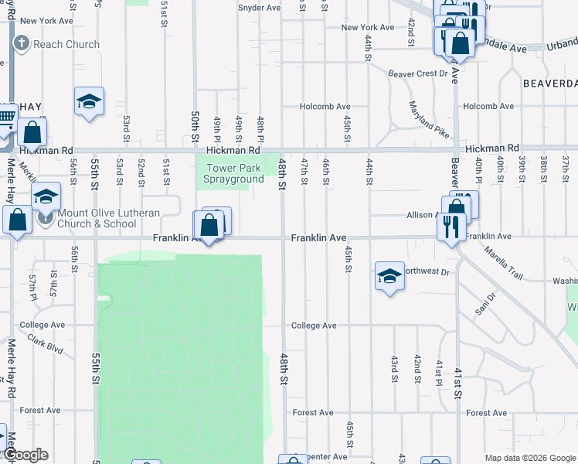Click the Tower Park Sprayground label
(233, 174)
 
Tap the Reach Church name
(66, 44)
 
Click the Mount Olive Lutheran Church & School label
(97, 218)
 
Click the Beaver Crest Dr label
(418, 73)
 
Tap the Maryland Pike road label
(429, 120)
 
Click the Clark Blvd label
(45, 348)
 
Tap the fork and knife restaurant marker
(449, 227)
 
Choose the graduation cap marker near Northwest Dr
(389, 276)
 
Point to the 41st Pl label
(438, 372)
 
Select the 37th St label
(566, 165)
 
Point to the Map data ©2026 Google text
(529, 457)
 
